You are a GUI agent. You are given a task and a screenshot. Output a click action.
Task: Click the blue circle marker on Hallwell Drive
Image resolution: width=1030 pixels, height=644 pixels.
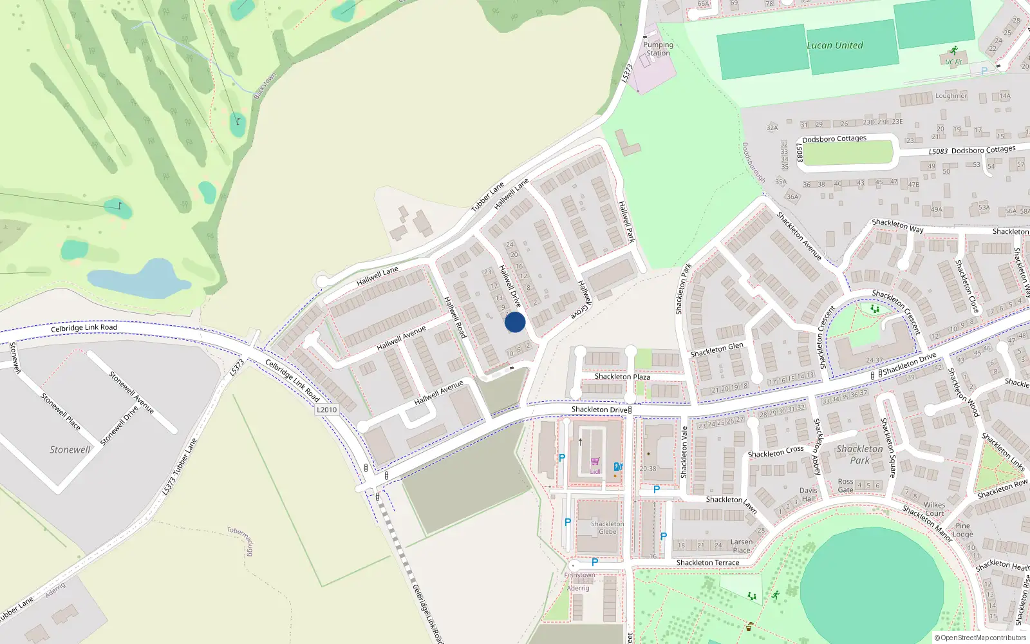pyautogui.click(x=515, y=322)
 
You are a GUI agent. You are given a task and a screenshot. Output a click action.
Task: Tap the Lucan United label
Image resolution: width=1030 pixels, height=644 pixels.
pyautogui.click(x=834, y=46)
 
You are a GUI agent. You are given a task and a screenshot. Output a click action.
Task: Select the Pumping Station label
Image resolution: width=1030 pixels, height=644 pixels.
pyautogui.click(x=658, y=49)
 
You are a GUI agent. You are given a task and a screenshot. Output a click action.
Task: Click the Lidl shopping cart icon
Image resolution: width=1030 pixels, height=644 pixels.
pyautogui.click(x=595, y=462)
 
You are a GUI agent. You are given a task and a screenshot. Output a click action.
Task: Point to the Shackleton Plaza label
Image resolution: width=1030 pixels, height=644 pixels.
pyautogui.click(x=622, y=377)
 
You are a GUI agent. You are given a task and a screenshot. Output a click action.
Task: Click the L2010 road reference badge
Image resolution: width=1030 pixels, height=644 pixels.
pyautogui.click(x=327, y=410)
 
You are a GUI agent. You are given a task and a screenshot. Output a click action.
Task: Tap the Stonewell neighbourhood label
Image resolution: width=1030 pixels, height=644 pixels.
pyautogui.click(x=70, y=450)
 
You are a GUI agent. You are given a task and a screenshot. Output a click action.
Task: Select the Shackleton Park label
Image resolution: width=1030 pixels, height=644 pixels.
pyautogui.click(x=859, y=455)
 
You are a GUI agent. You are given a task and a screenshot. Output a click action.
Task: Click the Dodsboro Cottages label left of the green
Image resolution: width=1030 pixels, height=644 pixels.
pyautogui.click(x=834, y=139)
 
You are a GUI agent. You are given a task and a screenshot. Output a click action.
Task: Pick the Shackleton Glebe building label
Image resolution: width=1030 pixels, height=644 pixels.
pyautogui.click(x=607, y=528)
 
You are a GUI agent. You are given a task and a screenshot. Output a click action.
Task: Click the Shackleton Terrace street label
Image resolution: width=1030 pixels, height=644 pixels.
pyautogui.click(x=707, y=563)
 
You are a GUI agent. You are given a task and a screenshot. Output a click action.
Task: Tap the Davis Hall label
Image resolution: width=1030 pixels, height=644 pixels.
pyautogui.click(x=808, y=495)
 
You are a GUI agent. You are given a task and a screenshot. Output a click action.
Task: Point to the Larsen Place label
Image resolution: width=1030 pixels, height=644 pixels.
pyautogui.click(x=741, y=546)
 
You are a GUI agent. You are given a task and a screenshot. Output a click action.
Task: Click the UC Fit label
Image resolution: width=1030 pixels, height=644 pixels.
pyautogui.click(x=953, y=62)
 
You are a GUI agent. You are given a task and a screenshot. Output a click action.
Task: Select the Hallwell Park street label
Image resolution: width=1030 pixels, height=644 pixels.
pyautogui.click(x=626, y=222)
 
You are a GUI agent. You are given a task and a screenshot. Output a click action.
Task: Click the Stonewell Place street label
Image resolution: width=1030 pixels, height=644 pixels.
pyautogui.click(x=61, y=411)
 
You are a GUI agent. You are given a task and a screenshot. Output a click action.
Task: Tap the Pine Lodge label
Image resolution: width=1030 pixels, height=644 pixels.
pyautogui.click(x=962, y=530)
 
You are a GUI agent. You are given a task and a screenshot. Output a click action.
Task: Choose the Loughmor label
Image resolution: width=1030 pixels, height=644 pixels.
pyautogui.click(x=951, y=96)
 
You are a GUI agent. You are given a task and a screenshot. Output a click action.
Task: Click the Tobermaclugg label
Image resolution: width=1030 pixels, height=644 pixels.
pyautogui.click(x=241, y=540)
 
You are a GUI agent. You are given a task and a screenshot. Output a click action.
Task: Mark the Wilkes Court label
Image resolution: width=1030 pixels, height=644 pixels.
pyautogui.click(x=934, y=509)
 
